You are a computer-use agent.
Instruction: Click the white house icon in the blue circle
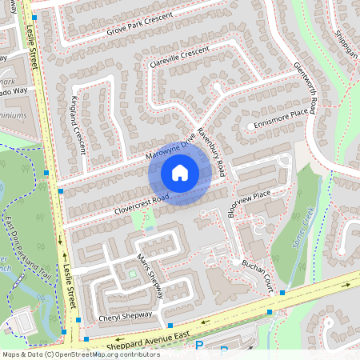tap(180, 172)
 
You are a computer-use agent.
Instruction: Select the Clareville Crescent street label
tap(174, 57)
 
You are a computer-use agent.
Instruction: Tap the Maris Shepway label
tap(150, 278)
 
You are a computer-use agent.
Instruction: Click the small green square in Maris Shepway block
tap(133, 275)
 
